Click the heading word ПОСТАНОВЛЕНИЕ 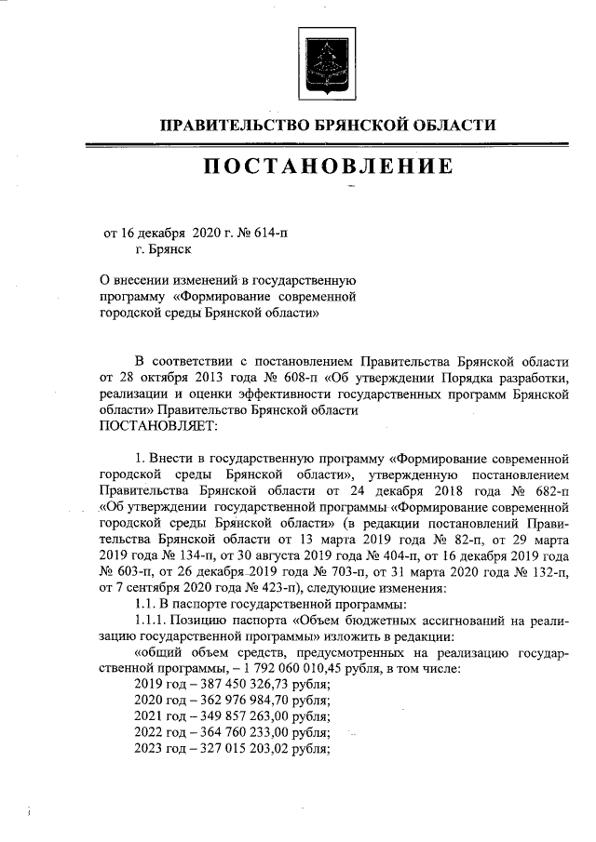(328, 167)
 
